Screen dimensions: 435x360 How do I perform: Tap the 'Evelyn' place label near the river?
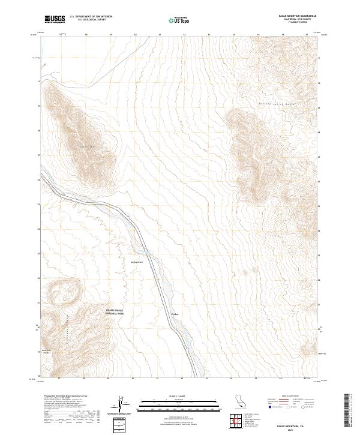167,314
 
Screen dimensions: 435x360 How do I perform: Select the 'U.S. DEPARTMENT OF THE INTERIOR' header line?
91,17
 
